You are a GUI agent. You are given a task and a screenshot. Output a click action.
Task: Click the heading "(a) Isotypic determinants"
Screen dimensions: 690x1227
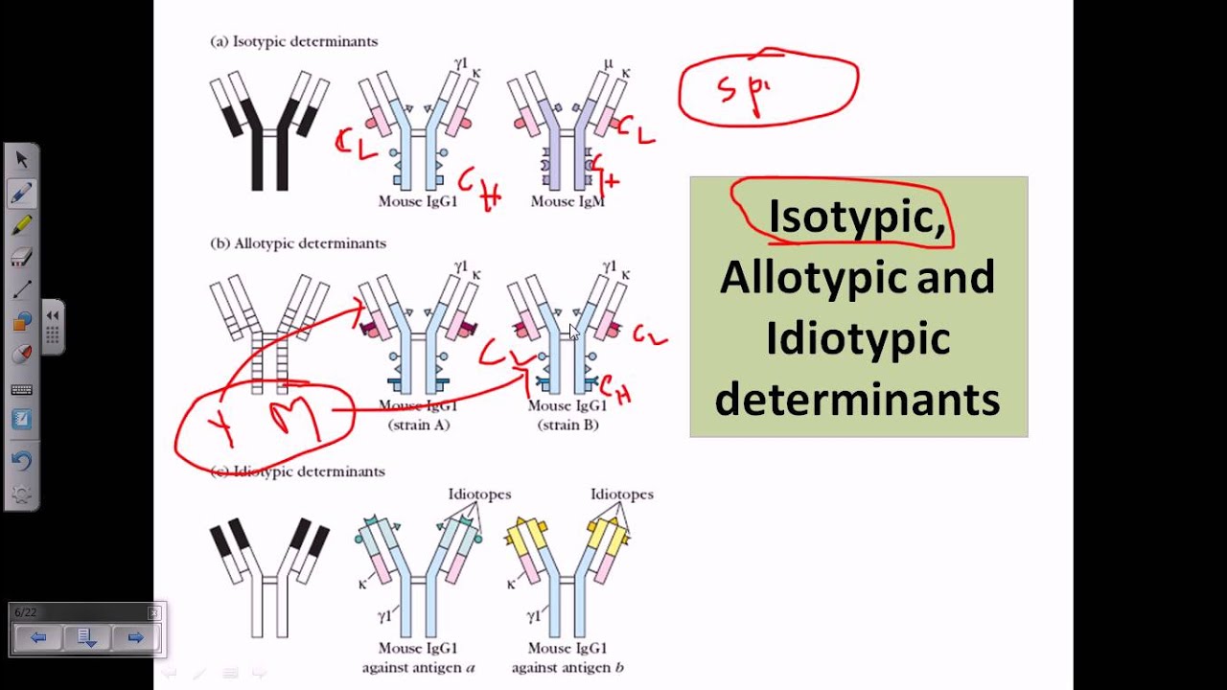(293, 42)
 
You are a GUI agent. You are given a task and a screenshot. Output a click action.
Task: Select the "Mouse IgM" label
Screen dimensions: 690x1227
(567, 201)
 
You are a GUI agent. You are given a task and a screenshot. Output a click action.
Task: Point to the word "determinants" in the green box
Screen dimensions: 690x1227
(857, 400)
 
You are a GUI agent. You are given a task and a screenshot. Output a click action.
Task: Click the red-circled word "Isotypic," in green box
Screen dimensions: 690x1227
(856, 217)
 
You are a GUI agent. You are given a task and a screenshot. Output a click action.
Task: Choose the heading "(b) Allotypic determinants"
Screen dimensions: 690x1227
(297, 243)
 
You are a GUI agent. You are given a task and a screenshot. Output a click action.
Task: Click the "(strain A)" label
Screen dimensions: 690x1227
(418, 425)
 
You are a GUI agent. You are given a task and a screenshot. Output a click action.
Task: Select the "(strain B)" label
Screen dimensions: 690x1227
(567, 425)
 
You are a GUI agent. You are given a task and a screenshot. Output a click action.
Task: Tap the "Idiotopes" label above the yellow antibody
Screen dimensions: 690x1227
(621, 494)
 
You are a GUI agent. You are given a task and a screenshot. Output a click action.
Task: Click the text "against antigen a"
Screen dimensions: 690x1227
(418, 667)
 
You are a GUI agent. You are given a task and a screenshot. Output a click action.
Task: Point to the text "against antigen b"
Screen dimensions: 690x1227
(567, 667)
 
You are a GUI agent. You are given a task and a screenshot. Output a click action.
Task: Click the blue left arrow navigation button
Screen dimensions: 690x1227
(38, 637)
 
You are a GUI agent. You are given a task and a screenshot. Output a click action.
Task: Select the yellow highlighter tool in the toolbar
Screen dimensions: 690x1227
(21, 225)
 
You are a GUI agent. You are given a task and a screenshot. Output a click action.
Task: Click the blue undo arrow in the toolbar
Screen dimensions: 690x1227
(21, 460)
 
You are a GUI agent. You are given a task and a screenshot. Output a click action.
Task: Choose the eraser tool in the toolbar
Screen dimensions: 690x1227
(21, 257)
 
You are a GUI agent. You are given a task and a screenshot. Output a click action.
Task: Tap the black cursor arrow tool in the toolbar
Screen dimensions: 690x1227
(21, 160)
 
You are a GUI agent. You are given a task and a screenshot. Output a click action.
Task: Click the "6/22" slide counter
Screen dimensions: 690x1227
(26, 612)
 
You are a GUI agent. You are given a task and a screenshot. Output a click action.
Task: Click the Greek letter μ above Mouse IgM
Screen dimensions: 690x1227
(608, 63)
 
